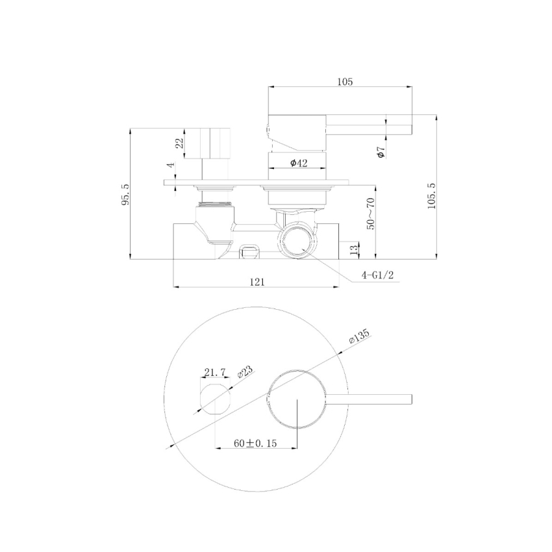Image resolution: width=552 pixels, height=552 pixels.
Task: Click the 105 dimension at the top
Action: pyautogui.click(x=345, y=82)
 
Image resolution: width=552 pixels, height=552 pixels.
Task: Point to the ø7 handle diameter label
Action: pyautogui.click(x=381, y=152)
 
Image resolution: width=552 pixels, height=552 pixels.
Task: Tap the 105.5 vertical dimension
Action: pyautogui.click(x=432, y=193)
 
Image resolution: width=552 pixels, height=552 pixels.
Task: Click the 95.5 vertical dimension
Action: pyautogui.click(x=125, y=194)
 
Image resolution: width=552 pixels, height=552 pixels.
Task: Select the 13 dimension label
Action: pyautogui.click(x=354, y=249)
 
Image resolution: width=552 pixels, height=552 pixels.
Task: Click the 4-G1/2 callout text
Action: pyautogui.click(x=379, y=275)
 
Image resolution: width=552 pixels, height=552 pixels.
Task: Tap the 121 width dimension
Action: pyautogui.click(x=257, y=281)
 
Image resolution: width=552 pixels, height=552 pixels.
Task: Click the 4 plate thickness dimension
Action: pyautogui.click(x=170, y=166)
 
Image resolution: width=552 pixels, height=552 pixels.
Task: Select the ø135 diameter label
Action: pyautogui.click(x=358, y=336)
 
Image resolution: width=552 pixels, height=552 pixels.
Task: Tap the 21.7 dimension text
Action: pyautogui.click(x=214, y=371)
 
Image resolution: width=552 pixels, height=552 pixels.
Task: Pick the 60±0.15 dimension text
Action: pyautogui.click(x=255, y=443)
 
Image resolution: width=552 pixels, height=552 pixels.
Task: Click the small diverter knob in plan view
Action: pyautogui.click(x=214, y=399)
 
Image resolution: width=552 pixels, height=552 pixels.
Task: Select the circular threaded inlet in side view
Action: pyautogui.click(x=298, y=242)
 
